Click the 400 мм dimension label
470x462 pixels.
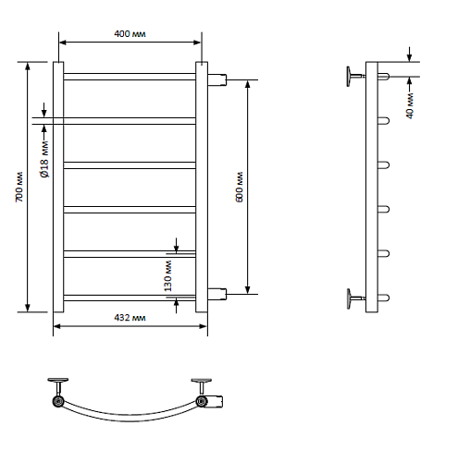tap(130, 33)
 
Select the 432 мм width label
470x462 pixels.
tap(130, 318)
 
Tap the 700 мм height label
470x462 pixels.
tap(19, 187)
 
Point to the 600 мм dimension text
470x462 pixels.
tap(240, 187)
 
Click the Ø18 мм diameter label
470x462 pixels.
tap(44, 159)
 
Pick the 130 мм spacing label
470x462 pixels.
tap(167, 276)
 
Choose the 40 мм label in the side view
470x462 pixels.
tap(410, 105)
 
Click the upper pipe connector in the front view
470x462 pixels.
tap(217, 79)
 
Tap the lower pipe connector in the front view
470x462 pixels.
tap(217, 294)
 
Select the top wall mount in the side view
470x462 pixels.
tap(354, 76)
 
